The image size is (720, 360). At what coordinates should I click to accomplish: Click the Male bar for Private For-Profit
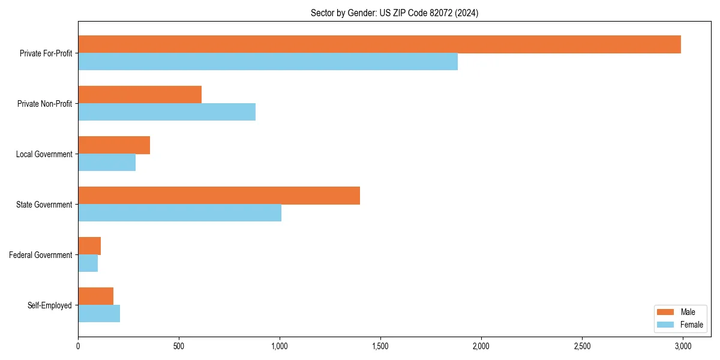tap(379, 44)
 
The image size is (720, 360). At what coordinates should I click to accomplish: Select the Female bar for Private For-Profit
tap(268, 62)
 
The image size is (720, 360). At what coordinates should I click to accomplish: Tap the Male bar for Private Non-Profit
tap(140, 95)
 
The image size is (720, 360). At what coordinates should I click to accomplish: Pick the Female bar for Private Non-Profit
tap(167, 112)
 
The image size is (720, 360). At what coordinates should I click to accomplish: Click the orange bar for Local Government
tap(114, 145)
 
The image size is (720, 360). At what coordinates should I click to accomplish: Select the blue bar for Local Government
tap(107, 163)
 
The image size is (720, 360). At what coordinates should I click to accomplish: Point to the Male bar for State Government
tap(219, 196)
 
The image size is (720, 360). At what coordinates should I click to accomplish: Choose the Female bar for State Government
tap(179, 213)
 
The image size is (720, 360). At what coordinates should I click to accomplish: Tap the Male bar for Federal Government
tap(89, 246)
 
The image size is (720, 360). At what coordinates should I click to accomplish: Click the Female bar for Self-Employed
tap(99, 314)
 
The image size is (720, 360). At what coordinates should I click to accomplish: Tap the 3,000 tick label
tap(683, 346)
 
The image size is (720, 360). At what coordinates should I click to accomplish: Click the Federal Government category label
tap(41, 255)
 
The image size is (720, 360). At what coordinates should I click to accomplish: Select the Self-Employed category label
tap(50, 305)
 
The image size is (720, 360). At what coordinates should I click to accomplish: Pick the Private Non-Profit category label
tap(44, 104)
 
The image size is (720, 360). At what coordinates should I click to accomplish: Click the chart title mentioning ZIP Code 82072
tap(394, 13)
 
